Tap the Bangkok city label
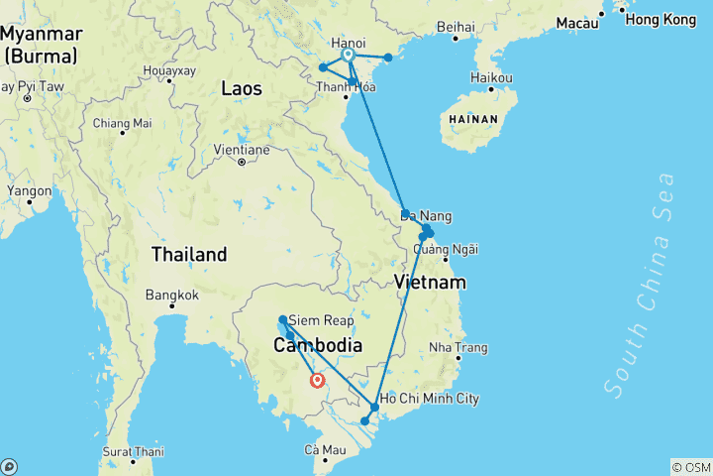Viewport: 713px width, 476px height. pyautogui.click(x=171, y=295)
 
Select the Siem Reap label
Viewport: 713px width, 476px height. pyautogui.click(x=320, y=320)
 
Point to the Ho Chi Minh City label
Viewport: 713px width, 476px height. pyautogui.click(x=430, y=399)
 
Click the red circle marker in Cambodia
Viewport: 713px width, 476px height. pyautogui.click(x=317, y=380)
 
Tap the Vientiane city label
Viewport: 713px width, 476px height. pyautogui.click(x=242, y=151)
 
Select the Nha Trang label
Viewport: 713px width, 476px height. pyautogui.click(x=458, y=347)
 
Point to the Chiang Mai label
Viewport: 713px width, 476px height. pyautogui.click(x=122, y=123)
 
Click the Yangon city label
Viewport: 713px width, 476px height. pyautogui.click(x=29, y=189)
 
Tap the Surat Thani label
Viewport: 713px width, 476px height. pyautogui.click(x=131, y=451)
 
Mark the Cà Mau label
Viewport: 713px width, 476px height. pyautogui.click(x=324, y=450)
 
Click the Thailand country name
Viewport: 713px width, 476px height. pyautogui.click(x=189, y=254)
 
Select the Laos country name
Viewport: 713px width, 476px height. pyautogui.click(x=242, y=89)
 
